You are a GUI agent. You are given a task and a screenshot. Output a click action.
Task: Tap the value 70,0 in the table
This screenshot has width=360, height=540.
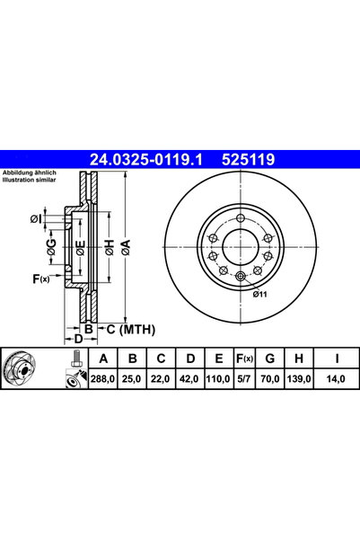coord(267,380)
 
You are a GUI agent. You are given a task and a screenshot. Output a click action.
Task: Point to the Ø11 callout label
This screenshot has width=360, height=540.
coord(259,294)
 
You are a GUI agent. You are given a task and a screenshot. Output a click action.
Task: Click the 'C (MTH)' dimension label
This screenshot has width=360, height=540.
coord(126,331)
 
